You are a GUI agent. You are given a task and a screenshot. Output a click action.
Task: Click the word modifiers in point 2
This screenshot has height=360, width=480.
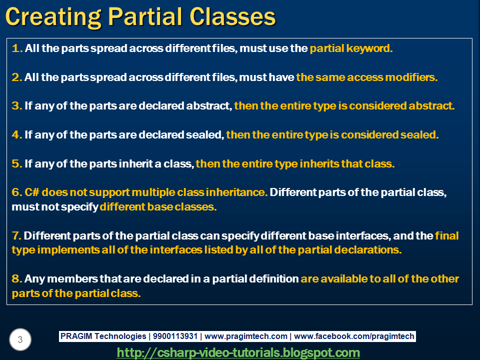tap(413, 77)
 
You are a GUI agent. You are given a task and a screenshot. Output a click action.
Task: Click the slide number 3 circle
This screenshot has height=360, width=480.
tap(20, 340)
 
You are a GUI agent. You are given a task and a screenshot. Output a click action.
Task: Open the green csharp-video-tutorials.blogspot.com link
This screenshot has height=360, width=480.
tap(238, 352)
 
